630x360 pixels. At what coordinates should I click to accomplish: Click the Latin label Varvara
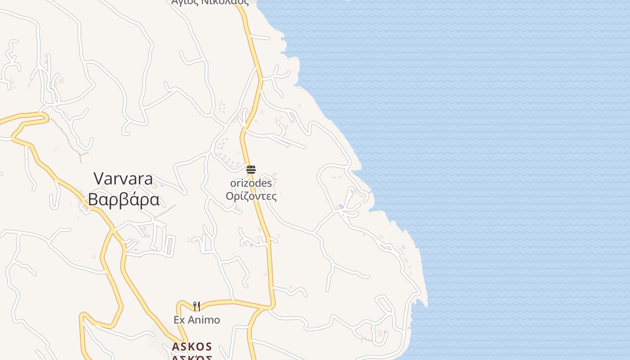click(x=123, y=179)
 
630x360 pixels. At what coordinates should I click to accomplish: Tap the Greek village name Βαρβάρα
click(x=124, y=199)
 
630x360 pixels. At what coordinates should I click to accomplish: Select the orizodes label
click(x=251, y=183)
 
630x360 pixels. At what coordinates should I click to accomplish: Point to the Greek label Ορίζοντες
click(x=251, y=196)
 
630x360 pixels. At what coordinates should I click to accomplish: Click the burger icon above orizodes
click(x=251, y=170)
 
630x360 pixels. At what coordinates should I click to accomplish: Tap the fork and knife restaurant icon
click(x=197, y=306)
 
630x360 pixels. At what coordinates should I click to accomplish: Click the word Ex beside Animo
click(x=179, y=320)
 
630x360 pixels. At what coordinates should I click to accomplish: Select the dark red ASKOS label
click(x=192, y=347)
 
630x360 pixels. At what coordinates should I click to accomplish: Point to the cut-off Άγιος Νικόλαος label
click(x=210, y=2)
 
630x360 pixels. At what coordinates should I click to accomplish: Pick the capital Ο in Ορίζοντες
click(x=229, y=196)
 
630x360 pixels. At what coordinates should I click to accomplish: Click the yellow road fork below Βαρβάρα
click(x=113, y=230)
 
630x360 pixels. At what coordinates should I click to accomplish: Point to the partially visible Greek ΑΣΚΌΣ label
click(x=192, y=358)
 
